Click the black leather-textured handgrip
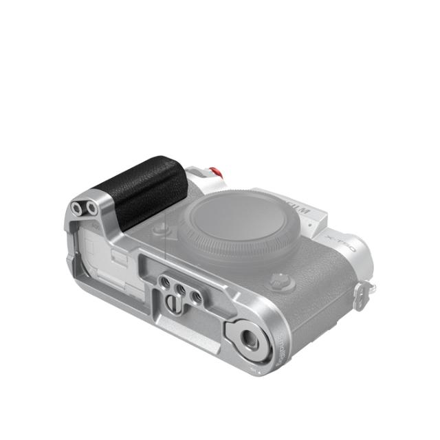[x=143, y=188]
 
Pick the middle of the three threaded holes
[x=181, y=290]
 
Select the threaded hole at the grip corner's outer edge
[x=76, y=209]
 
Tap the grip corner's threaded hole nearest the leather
[x=90, y=206]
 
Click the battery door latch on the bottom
[x=118, y=259]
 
